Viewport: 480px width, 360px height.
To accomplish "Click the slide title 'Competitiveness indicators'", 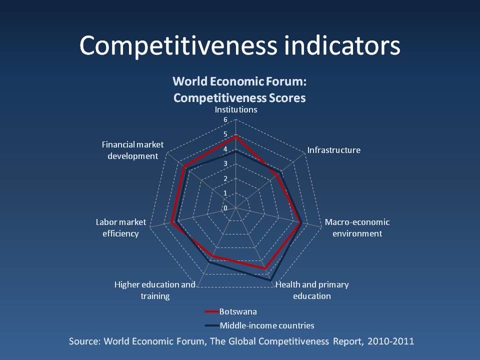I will [x=240, y=46].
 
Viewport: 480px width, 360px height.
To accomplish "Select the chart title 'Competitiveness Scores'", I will [x=239, y=98].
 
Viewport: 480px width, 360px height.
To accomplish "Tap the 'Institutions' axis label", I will [x=236, y=109].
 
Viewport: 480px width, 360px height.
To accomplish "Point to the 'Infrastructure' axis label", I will [x=333, y=150].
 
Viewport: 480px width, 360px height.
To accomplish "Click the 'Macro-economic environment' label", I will [x=357, y=228].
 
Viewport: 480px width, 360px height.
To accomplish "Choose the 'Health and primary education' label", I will [x=312, y=290].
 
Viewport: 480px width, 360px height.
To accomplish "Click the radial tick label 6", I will [x=225, y=120].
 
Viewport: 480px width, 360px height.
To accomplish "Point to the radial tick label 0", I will [x=225, y=208].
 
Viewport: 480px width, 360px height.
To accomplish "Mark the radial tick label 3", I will [x=225, y=164].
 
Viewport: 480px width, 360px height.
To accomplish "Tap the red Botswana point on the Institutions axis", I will [x=235, y=136].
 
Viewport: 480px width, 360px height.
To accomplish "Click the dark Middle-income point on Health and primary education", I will [x=271, y=280].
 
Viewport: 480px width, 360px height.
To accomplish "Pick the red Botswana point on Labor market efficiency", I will [x=172, y=222].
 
